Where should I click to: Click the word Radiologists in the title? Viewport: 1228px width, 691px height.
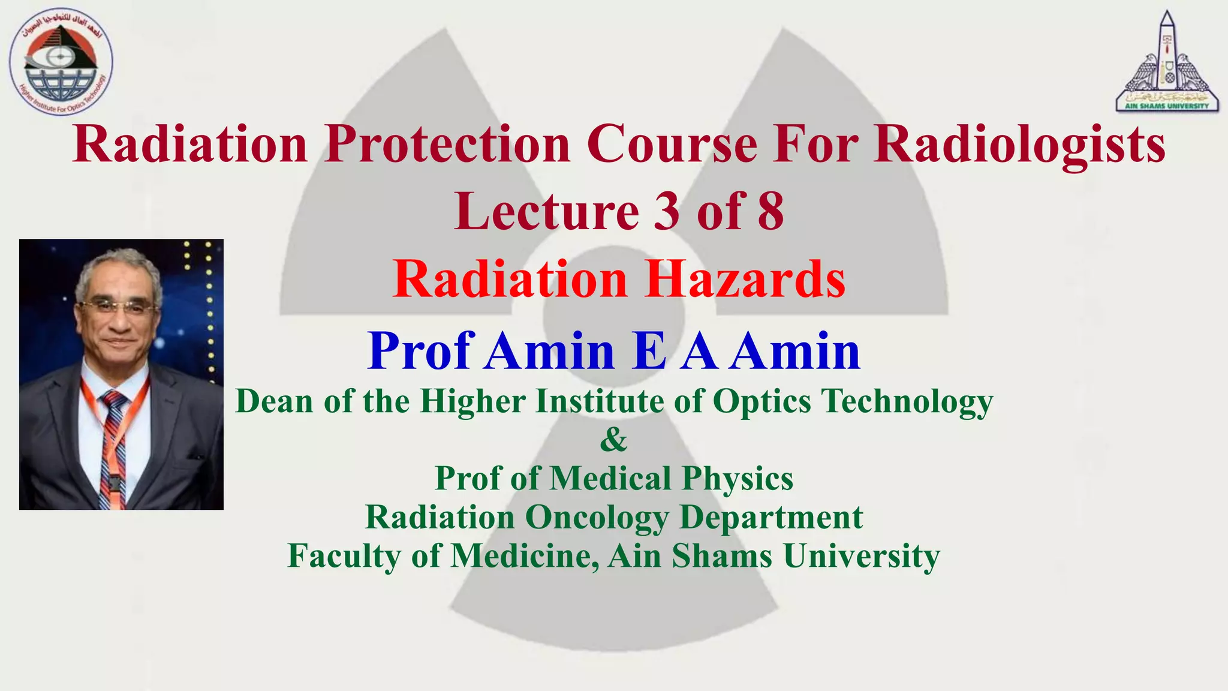[x=1019, y=145]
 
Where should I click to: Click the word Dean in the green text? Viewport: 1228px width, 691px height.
[x=274, y=401]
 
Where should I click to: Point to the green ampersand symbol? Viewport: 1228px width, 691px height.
[x=613, y=440]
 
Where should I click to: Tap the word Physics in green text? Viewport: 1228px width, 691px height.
[x=737, y=479]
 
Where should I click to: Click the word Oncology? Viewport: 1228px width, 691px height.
[x=597, y=517]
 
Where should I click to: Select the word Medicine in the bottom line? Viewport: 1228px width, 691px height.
[x=524, y=555]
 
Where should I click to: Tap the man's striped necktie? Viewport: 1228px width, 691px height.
[x=112, y=444]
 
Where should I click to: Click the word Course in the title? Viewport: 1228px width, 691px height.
[x=672, y=145]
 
